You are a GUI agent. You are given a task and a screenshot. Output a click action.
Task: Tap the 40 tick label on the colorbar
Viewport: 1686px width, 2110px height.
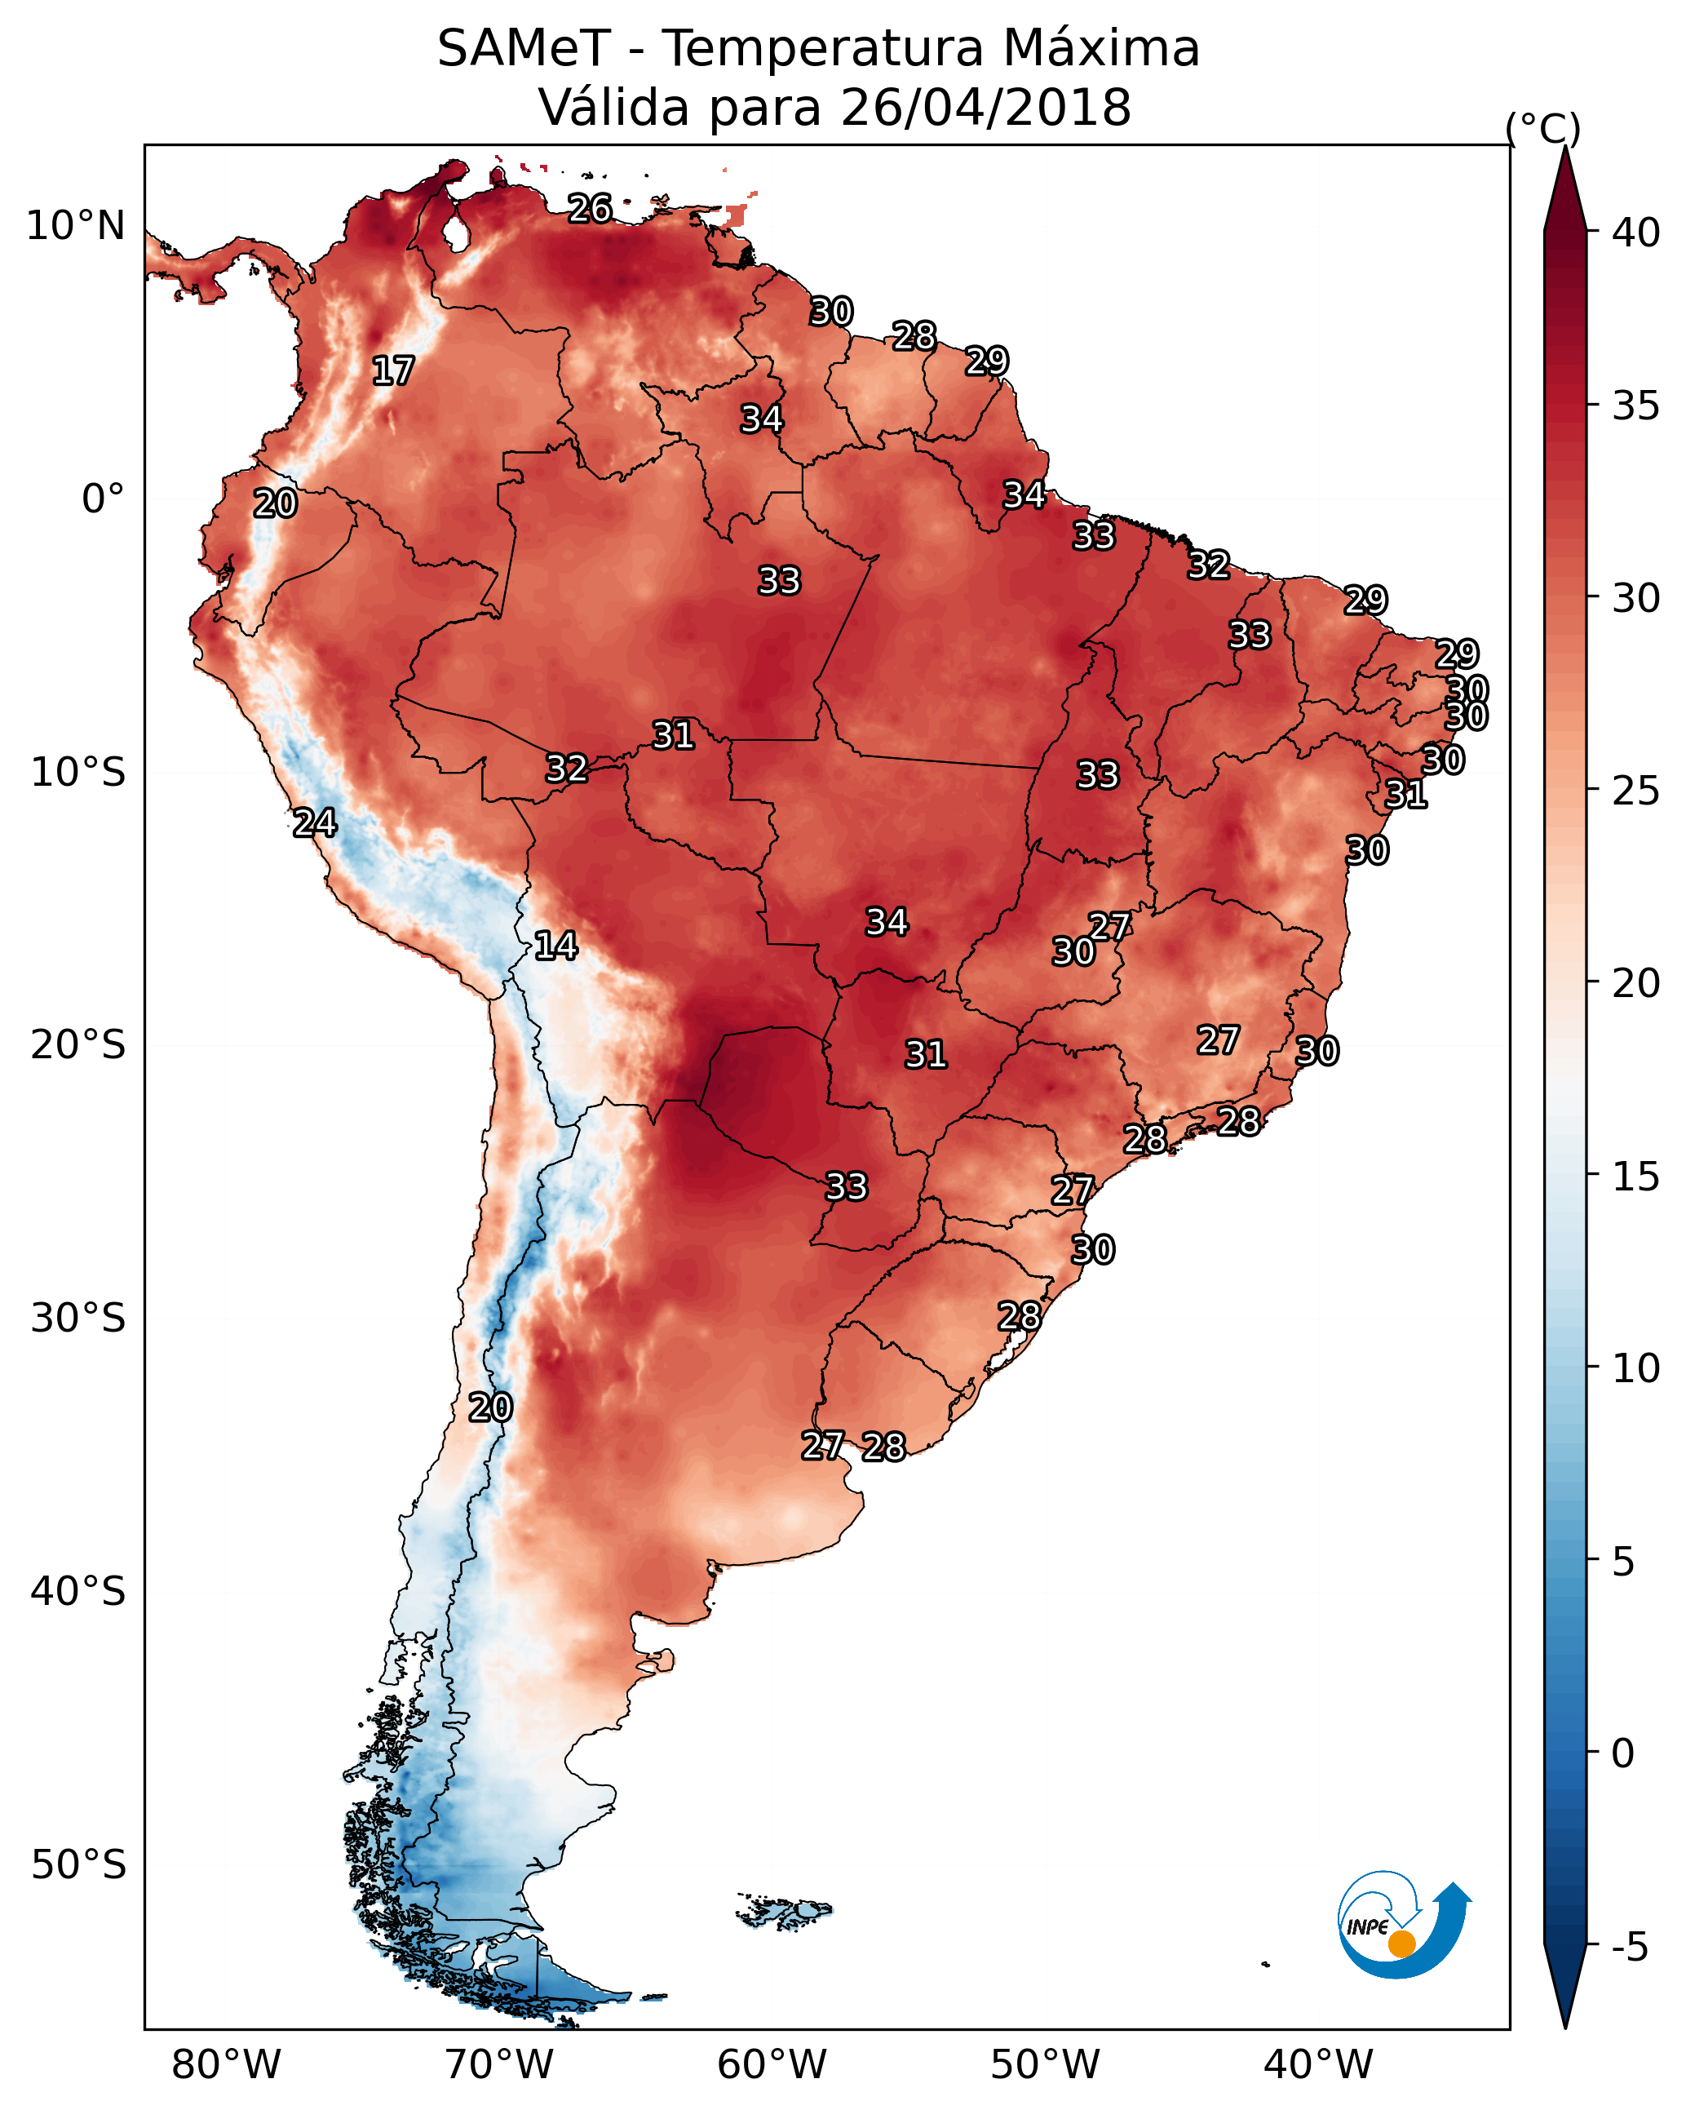[x=1635, y=233]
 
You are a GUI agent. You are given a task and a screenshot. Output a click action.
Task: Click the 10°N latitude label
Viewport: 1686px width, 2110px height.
[x=75, y=226]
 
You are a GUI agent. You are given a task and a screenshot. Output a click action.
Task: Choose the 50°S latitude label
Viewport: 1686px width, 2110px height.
[x=78, y=1864]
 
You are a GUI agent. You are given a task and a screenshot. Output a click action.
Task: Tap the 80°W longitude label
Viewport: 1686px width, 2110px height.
[x=226, y=2065]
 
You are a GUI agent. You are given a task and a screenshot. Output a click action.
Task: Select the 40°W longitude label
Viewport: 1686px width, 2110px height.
[x=1318, y=2065]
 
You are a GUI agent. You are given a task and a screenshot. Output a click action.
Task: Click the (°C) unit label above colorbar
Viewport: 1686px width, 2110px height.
[x=1542, y=128]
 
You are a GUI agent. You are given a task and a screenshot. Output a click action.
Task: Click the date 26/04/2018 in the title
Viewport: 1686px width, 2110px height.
[x=985, y=108]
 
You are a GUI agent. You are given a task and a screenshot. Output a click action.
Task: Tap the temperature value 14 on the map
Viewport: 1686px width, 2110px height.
[x=555, y=946]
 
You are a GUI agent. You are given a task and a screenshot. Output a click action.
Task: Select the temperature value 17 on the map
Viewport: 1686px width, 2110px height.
[x=393, y=371]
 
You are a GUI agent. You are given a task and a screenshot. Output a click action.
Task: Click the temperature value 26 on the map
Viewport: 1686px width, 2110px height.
[x=590, y=208]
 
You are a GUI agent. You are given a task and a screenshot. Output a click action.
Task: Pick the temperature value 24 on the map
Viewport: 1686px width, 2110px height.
[x=315, y=823]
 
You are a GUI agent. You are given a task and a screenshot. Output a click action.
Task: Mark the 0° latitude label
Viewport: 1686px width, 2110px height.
[x=104, y=499]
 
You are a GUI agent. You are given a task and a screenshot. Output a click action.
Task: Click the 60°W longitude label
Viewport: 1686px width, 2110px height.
[x=772, y=2065]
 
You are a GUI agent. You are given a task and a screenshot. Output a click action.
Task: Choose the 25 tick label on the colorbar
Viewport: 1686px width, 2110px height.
[x=1635, y=790]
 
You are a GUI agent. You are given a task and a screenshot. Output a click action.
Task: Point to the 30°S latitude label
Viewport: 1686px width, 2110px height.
[x=78, y=1319]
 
